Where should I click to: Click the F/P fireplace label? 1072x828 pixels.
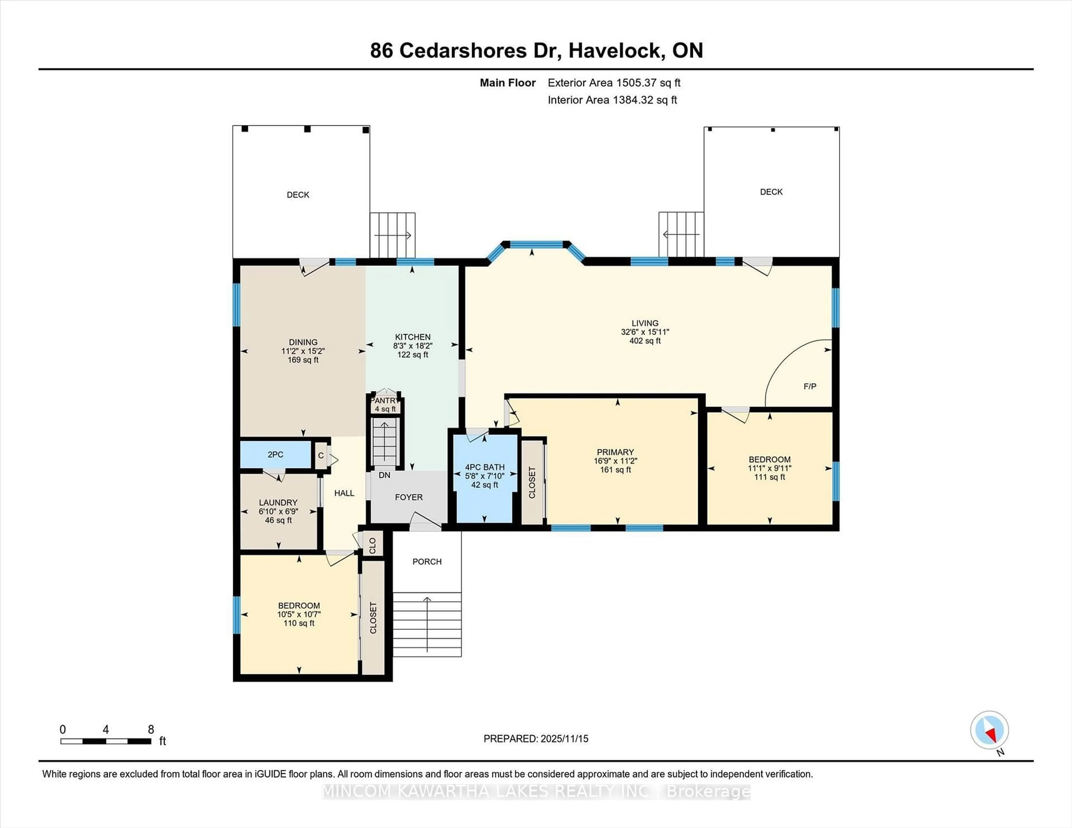pyautogui.click(x=810, y=387)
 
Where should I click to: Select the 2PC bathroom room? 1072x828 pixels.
pyautogui.click(x=275, y=455)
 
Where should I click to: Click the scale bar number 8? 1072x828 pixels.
pyautogui.click(x=151, y=730)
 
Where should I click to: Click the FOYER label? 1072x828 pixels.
pyautogui.click(x=408, y=497)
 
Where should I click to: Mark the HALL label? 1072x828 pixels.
pyautogui.click(x=344, y=493)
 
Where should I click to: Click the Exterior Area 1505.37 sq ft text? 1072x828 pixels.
pyautogui.click(x=614, y=83)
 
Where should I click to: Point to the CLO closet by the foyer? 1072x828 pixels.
pyautogui.click(x=372, y=545)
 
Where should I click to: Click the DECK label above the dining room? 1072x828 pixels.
pyautogui.click(x=298, y=195)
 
